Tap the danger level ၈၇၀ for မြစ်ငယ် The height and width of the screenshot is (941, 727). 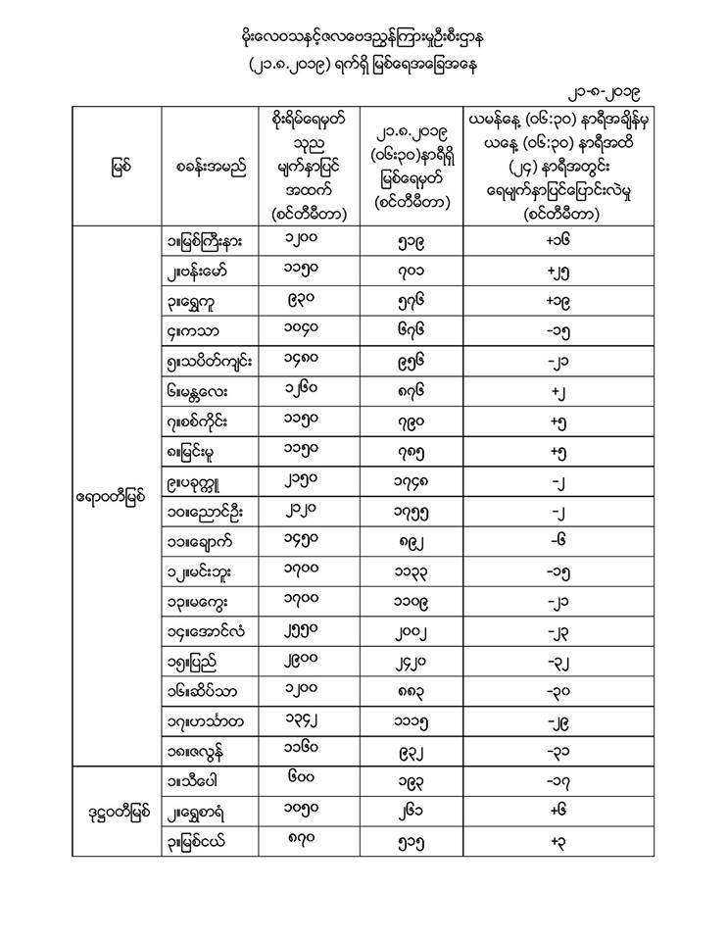click(x=309, y=842)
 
